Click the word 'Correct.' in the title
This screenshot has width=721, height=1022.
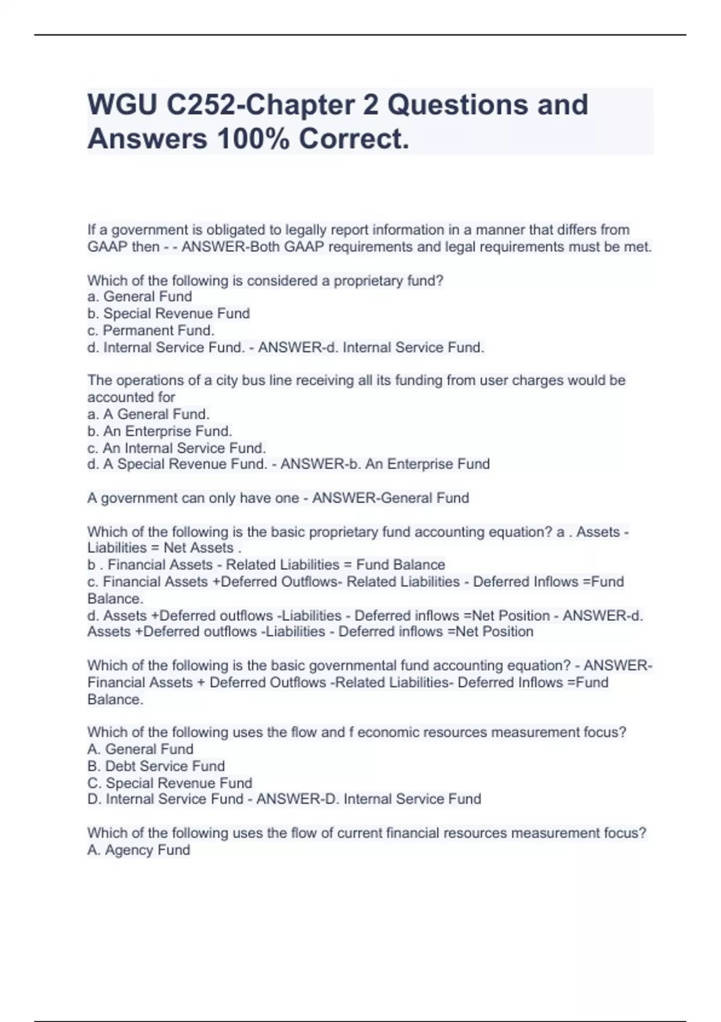coord(354,139)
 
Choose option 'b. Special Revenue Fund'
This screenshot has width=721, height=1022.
coord(168,313)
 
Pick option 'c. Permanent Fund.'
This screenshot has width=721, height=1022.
coord(151,330)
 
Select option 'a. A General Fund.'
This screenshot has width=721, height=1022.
coord(148,414)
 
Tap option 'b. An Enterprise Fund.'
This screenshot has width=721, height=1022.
coord(160,431)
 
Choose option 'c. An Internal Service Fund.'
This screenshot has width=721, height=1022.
coord(177,448)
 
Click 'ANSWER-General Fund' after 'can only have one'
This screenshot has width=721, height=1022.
coord(391,498)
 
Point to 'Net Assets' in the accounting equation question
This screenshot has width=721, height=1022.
coord(198,548)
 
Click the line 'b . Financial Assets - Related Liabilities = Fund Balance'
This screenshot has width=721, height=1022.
coord(266,565)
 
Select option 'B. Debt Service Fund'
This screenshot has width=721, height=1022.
coord(156,766)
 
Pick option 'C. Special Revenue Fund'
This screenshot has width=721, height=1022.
coord(169,783)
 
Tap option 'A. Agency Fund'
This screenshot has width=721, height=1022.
coord(139,849)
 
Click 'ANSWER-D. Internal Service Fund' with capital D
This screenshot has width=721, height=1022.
coord(368,799)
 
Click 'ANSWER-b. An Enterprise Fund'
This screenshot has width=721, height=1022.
coord(385,464)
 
